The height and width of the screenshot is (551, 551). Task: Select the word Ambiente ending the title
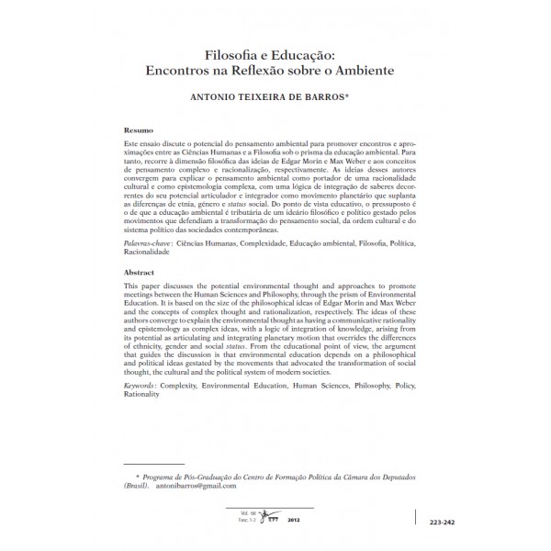pyautogui.click(x=357, y=69)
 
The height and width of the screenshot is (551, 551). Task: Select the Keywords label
pyautogui.click(x=141, y=388)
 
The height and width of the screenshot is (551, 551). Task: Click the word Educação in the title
pyautogui.click(x=305, y=53)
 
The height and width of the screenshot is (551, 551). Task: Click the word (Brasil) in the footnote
pyautogui.click(x=136, y=486)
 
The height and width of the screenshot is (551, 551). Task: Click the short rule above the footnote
pyautogui.click(x=154, y=466)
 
